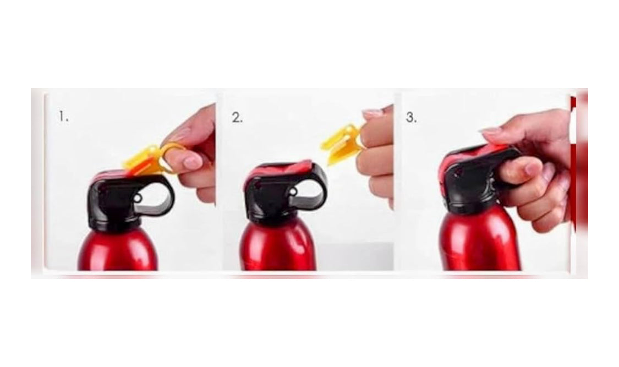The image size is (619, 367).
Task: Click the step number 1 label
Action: (64, 117)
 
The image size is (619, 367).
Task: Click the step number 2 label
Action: (237, 118)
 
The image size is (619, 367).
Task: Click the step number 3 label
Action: (412, 118)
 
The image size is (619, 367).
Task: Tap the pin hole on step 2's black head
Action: (293, 192)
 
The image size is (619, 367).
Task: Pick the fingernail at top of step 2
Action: (373, 113)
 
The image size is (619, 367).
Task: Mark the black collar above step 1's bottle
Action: (114, 223)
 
